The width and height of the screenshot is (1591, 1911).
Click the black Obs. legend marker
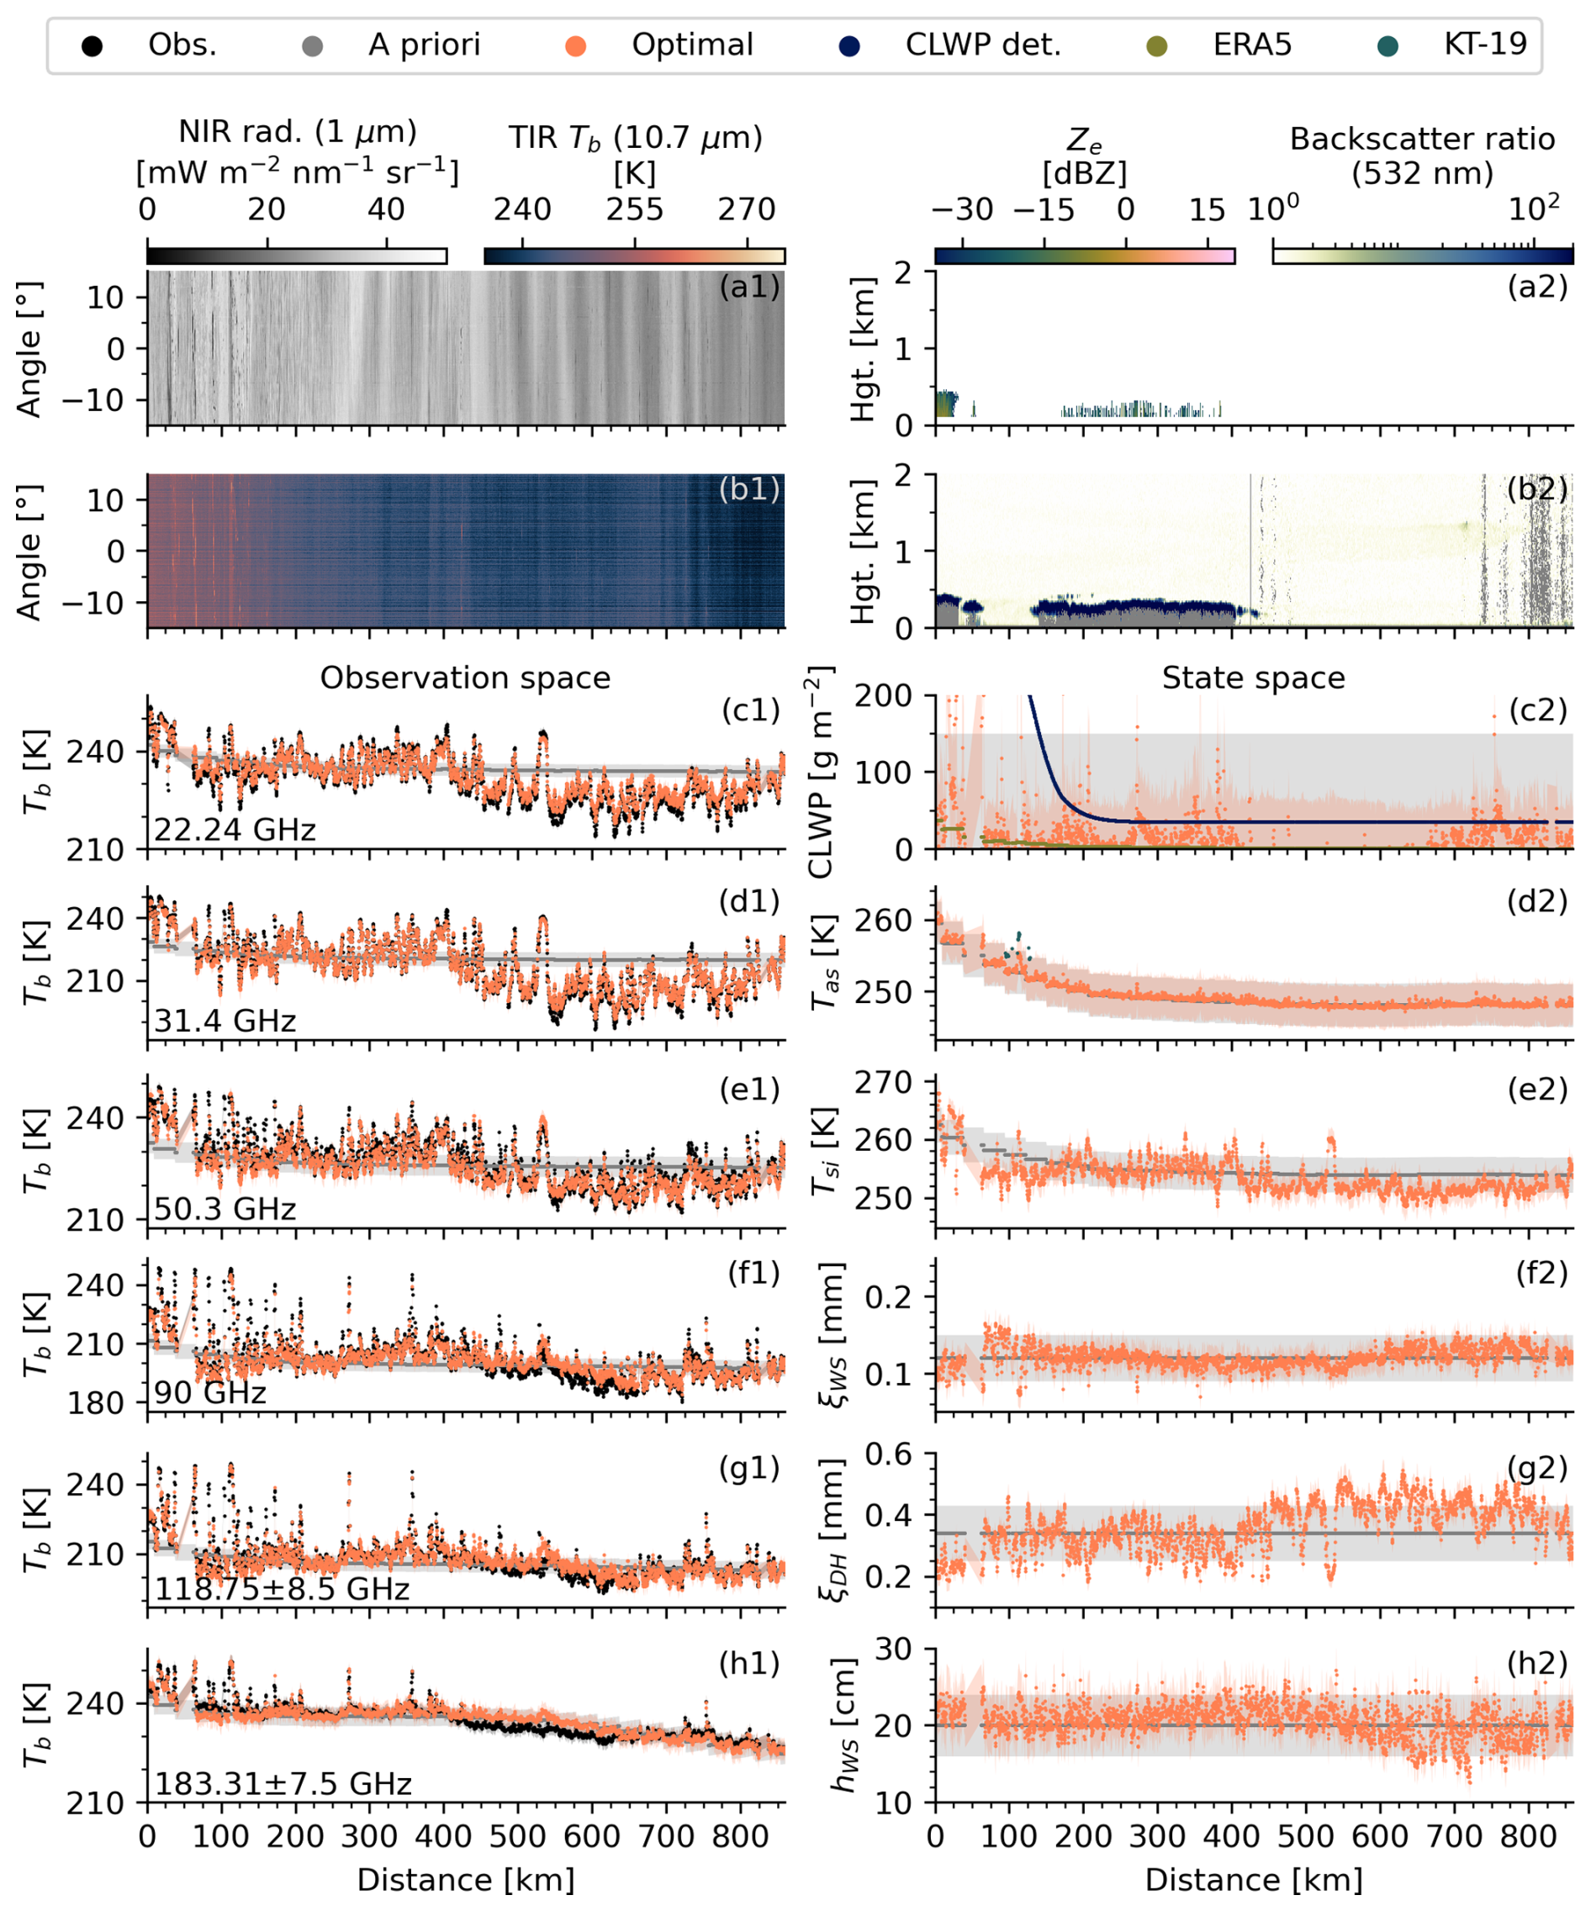click(x=91, y=46)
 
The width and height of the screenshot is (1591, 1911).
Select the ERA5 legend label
click(x=1251, y=45)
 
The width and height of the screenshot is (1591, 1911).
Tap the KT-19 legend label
click(x=1484, y=44)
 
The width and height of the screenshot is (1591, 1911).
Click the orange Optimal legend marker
click(x=574, y=46)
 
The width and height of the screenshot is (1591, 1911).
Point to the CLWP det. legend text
click(x=983, y=45)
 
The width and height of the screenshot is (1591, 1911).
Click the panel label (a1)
click(x=749, y=288)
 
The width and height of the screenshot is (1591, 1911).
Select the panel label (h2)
click(x=1537, y=1664)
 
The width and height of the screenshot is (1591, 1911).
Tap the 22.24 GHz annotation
click(x=235, y=830)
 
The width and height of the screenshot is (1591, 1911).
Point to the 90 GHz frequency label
click(x=210, y=1393)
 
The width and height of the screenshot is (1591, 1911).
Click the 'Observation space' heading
click(x=465, y=678)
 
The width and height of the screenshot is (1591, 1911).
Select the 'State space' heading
click(x=1253, y=678)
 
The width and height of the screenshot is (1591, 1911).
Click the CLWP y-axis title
click(x=820, y=773)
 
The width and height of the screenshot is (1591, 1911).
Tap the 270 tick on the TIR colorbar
click(x=747, y=210)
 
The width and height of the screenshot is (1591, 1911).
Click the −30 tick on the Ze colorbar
click(x=962, y=210)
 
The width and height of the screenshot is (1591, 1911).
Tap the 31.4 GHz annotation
click(x=225, y=1021)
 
